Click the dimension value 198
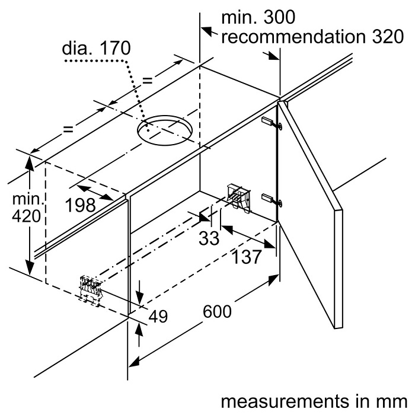[x=81, y=205]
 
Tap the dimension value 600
[x=217, y=311]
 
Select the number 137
[x=247, y=256]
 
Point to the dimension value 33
[x=209, y=238]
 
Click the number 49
[x=158, y=316]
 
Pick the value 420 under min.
[x=27, y=216]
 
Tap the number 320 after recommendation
[x=388, y=36]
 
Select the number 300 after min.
[x=279, y=17]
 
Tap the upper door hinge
[x=272, y=123]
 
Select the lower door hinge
[x=272, y=200]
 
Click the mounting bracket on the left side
[x=91, y=290]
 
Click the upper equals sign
[x=148, y=80]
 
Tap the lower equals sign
[x=68, y=129]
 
